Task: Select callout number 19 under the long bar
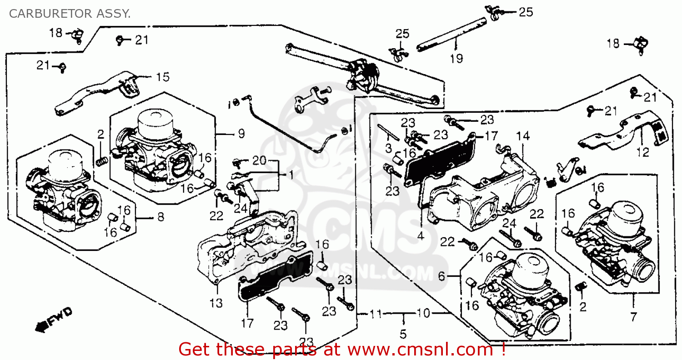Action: [456, 58]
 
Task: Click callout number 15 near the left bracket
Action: [162, 77]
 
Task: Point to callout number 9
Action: [241, 134]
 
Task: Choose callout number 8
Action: [160, 217]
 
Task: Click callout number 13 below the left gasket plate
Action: [216, 303]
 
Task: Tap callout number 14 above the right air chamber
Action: [523, 135]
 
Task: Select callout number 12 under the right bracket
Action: [643, 152]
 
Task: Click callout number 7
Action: [634, 315]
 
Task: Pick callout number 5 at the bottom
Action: [403, 335]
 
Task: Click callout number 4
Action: [420, 236]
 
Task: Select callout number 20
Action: [259, 161]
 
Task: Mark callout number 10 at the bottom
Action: [423, 314]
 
